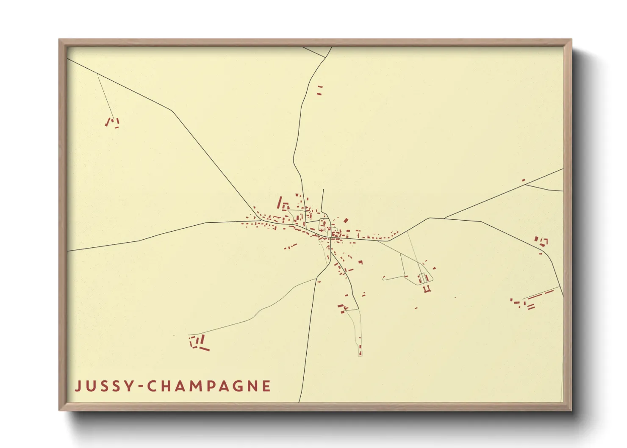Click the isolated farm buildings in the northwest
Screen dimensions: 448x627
tap(113, 123)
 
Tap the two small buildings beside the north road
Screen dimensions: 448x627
tap(319, 90)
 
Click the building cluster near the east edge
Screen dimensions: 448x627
tap(541, 242)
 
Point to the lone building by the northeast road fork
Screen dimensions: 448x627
tap(523, 180)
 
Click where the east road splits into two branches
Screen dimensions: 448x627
tap(444, 218)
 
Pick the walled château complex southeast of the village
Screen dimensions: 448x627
tap(424, 281)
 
